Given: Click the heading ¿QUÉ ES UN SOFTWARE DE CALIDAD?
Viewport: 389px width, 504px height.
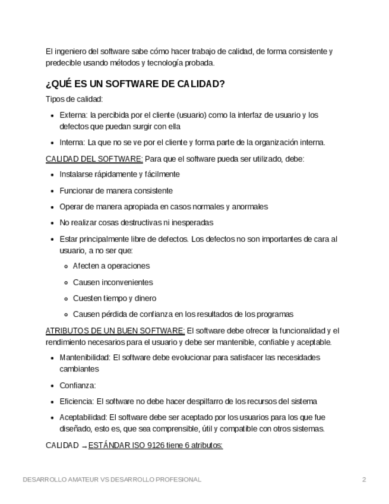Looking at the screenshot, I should point(135,84).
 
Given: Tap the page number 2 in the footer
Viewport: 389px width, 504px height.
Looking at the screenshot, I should point(364,479).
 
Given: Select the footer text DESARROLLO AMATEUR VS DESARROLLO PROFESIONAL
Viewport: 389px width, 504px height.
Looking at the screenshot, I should point(112,479).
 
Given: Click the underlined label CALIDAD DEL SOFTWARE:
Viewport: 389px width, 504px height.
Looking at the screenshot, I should point(94,159).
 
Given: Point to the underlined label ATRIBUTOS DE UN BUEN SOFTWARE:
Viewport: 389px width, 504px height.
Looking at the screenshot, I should point(115,330).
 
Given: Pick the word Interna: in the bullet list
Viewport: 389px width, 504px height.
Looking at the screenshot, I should point(72,143).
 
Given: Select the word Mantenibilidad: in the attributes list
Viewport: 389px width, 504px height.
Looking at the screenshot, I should point(85,358).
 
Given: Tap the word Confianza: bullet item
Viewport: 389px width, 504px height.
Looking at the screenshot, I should point(78,385).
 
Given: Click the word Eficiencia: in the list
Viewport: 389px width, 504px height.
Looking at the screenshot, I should point(77,401).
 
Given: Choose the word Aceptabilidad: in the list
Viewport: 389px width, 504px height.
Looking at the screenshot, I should point(83,417).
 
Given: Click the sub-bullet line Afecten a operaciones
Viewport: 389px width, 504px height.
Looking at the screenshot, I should point(111,266).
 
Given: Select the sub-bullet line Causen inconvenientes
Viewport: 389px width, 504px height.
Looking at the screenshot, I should point(113,282).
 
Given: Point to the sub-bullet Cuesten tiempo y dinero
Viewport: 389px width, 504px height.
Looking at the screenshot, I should point(115,298).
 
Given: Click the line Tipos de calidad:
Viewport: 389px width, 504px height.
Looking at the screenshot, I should point(74,99).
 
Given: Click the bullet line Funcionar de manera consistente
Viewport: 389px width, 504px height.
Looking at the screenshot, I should point(116,191).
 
